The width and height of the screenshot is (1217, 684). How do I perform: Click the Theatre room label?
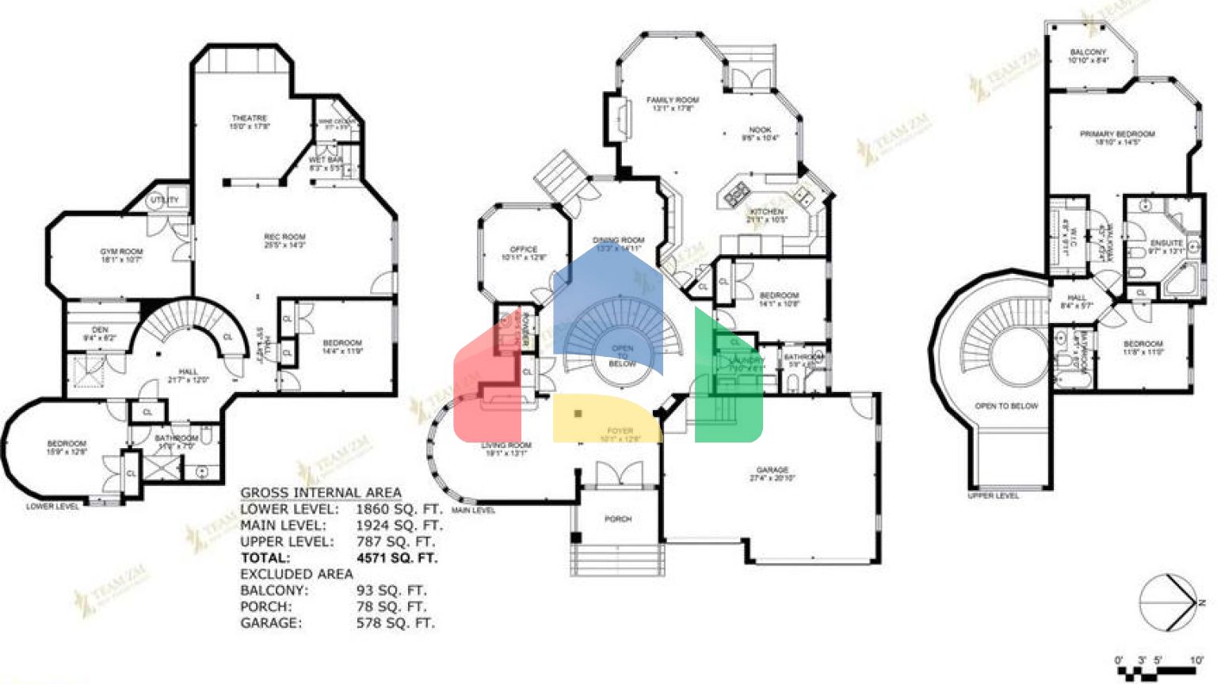(250, 119)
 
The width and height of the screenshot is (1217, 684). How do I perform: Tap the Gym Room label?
(121, 252)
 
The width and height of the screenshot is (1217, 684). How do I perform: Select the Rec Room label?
(284, 237)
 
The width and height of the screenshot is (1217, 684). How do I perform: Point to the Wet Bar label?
(325, 161)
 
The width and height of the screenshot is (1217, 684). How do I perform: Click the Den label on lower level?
(100, 330)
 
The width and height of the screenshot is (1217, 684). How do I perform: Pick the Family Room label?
(673, 101)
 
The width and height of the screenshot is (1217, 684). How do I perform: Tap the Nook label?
(760, 130)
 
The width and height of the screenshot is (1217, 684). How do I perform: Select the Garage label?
(772, 470)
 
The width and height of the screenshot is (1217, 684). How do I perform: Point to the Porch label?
(618, 519)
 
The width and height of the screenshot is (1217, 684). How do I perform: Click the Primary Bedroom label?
(1117, 135)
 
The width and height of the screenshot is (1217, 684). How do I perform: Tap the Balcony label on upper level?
(1087, 52)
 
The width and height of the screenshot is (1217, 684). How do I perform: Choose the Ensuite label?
(1166, 243)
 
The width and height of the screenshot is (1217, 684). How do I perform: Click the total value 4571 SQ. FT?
(397, 558)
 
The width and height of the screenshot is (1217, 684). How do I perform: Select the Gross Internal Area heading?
(320, 493)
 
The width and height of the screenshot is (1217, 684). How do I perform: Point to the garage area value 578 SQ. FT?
(395, 623)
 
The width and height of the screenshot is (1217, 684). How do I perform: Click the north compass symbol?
(1169, 602)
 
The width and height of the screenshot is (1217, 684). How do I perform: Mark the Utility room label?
(165, 200)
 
